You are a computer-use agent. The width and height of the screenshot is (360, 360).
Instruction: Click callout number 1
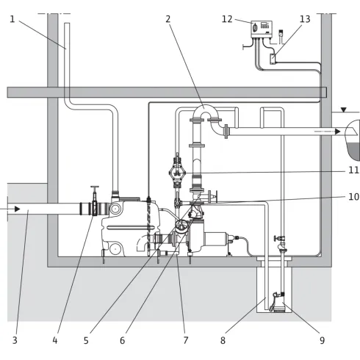pos(12,19)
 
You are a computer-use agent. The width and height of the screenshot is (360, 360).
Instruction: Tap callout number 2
pos(168,19)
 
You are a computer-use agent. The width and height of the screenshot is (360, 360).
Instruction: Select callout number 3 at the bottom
pos(15,340)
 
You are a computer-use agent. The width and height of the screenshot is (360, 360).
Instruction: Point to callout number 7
pos(186,340)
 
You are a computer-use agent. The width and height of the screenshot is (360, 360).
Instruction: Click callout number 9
pos(322,340)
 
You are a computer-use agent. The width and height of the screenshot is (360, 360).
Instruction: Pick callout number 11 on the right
pos(353,170)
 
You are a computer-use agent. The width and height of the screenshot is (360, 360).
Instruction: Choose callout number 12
pos(227,19)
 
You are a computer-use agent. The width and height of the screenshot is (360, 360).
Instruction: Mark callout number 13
pos(305,19)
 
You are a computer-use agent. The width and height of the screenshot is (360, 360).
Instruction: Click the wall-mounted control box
pos(262,29)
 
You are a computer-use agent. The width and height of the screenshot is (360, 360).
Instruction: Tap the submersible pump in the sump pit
pos(278,302)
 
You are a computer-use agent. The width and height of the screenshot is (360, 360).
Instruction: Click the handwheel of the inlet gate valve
pos(95,187)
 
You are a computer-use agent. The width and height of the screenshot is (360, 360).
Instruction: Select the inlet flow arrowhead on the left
pos(17,209)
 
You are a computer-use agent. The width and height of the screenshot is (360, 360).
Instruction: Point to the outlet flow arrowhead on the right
pos(338,132)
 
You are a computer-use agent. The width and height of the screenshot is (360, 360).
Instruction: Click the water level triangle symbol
pos(344,109)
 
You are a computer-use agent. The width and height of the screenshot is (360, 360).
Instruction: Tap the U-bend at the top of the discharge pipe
pos(206,112)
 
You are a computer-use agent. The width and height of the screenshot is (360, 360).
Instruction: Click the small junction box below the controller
pos(273,59)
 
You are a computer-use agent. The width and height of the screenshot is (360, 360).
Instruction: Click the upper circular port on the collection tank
pos(115,209)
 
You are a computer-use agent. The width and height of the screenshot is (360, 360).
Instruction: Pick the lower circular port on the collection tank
pos(115,249)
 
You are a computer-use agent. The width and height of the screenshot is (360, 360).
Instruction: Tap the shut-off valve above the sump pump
pos(281,238)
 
